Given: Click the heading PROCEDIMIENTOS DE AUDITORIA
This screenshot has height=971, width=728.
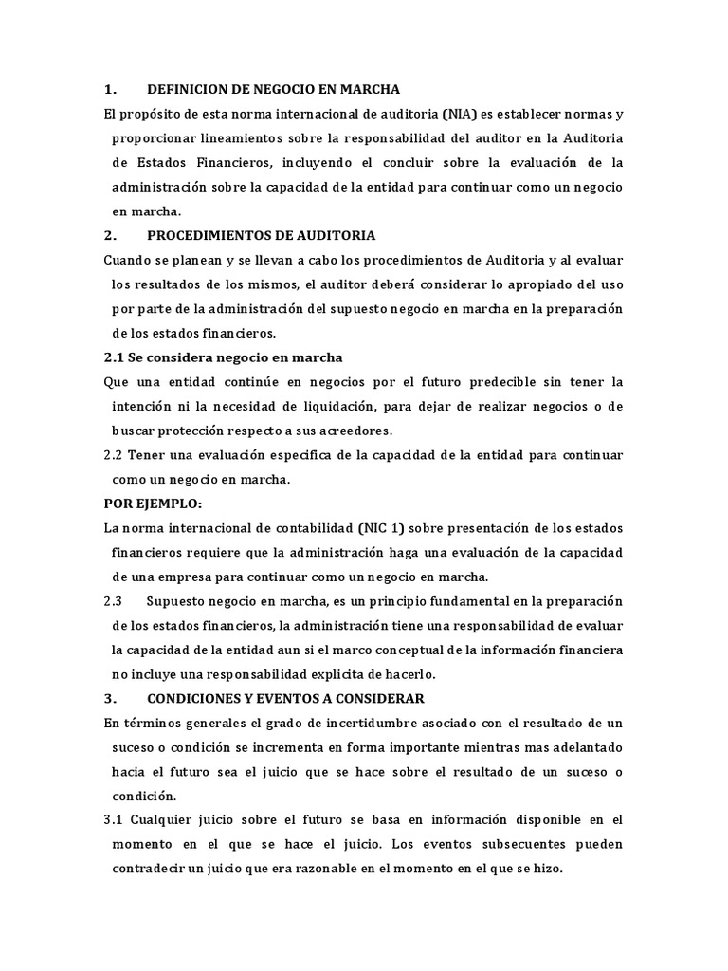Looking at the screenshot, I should pyautogui.click(x=262, y=235).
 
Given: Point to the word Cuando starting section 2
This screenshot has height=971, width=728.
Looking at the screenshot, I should pyautogui.click(x=129, y=260).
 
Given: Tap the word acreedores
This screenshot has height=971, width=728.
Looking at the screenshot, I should pyautogui.click(x=354, y=431).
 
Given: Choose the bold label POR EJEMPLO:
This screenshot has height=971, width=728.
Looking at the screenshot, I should pyautogui.click(x=153, y=504).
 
